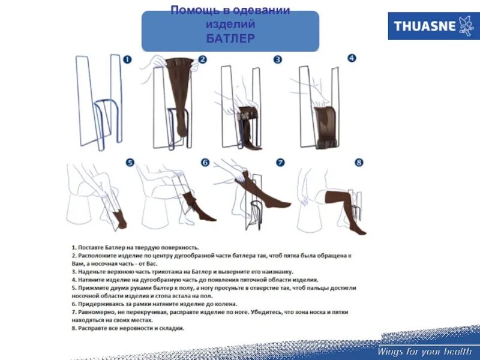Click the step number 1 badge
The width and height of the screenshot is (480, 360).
(x=127, y=59)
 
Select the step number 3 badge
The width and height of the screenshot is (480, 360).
(x=278, y=59)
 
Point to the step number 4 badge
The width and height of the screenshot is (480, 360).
(x=352, y=58)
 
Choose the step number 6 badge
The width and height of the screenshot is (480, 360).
(x=205, y=163)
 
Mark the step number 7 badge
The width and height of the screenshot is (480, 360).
(x=280, y=163)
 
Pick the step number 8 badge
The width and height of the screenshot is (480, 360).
(x=359, y=163)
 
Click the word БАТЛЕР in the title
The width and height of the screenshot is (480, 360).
(x=230, y=39)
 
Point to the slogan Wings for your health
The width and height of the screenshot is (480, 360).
(x=424, y=352)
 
